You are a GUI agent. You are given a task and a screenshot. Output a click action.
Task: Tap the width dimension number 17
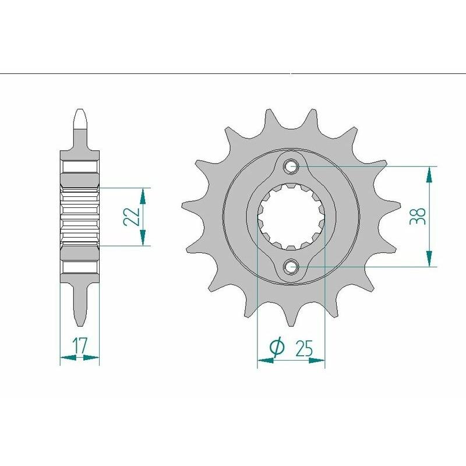click(80, 346)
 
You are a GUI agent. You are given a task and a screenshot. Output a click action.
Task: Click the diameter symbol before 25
click(277, 347)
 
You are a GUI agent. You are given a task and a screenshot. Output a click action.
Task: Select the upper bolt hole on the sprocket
click(291, 167)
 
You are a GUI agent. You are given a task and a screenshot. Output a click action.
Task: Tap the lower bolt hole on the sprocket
click(291, 267)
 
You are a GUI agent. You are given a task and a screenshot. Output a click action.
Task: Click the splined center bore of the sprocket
click(291, 217)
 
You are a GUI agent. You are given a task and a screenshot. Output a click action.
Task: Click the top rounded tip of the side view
click(80, 113)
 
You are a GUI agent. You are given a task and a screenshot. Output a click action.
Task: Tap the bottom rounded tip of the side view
click(80, 321)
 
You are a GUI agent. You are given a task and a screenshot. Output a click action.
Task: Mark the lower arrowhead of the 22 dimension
click(143, 238)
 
